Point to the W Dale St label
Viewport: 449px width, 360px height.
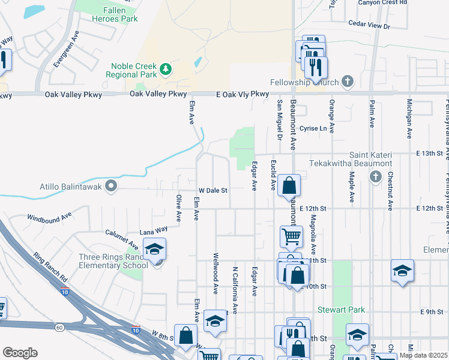pyautogui.click(x=213, y=190)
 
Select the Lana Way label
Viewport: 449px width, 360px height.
pyautogui.click(x=153, y=230)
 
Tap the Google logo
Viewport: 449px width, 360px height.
pyautogui.click(x=20, y=353)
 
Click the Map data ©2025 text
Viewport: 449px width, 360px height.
pyautogui.click(x=423, y=355)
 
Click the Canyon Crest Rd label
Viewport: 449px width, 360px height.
pyautogui.click(x=382, y=2)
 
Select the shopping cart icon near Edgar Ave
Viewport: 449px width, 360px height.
pyautogui.click(x=291, y=236)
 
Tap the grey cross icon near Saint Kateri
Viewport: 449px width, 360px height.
pyautogui.click(x=375, y=176)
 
